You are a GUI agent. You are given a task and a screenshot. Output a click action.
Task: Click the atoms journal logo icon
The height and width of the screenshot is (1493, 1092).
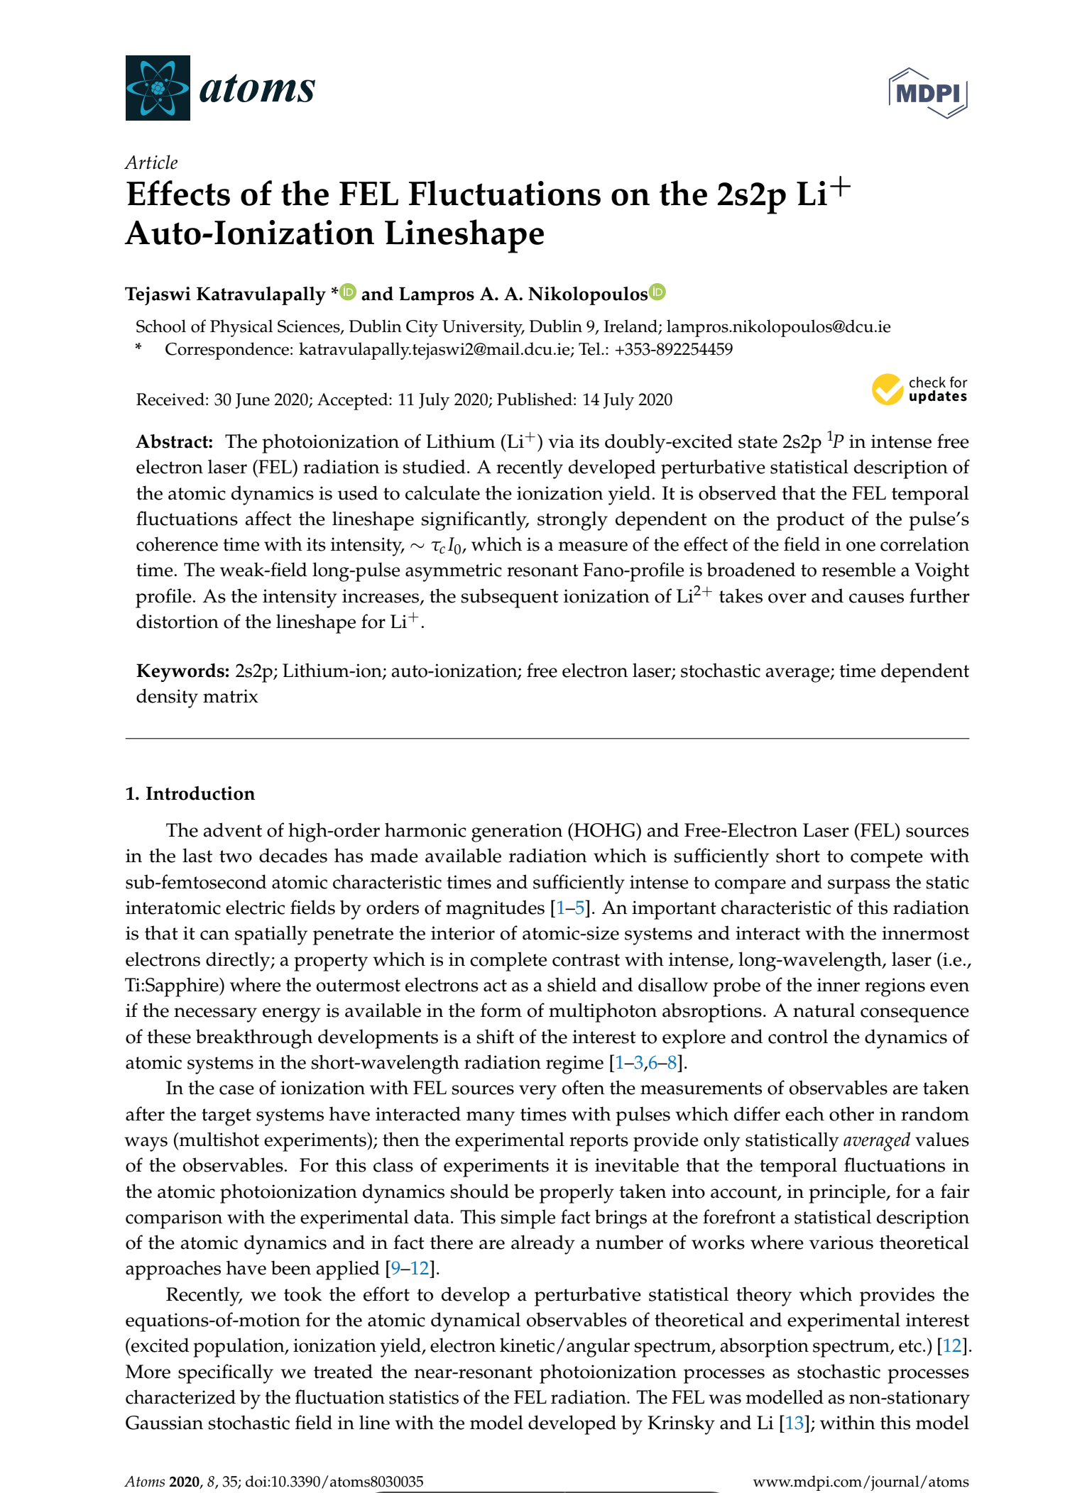158,87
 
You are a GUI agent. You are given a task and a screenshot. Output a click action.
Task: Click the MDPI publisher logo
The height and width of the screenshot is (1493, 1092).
927,93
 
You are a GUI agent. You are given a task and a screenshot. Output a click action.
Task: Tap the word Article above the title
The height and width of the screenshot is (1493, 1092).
151,162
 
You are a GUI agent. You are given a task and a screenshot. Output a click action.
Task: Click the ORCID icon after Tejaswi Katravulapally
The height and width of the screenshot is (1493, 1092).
348,292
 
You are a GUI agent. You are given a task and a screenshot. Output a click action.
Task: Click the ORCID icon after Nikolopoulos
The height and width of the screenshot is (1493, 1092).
657,292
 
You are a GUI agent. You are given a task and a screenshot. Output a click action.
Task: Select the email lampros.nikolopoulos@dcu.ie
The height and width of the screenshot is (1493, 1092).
778,326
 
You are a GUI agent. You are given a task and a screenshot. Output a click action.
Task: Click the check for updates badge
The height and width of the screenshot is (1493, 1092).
920,390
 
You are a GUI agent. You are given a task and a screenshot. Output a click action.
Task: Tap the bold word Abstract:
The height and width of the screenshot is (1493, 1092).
175,442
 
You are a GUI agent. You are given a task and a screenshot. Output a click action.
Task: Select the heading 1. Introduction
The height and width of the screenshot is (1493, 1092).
190,793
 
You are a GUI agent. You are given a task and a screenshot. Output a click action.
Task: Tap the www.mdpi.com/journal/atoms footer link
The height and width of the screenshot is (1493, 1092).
861,1482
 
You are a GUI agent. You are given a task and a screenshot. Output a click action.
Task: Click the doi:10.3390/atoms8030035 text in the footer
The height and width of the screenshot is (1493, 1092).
334,1482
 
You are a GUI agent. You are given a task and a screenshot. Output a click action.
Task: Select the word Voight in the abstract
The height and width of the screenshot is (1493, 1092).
941,571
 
